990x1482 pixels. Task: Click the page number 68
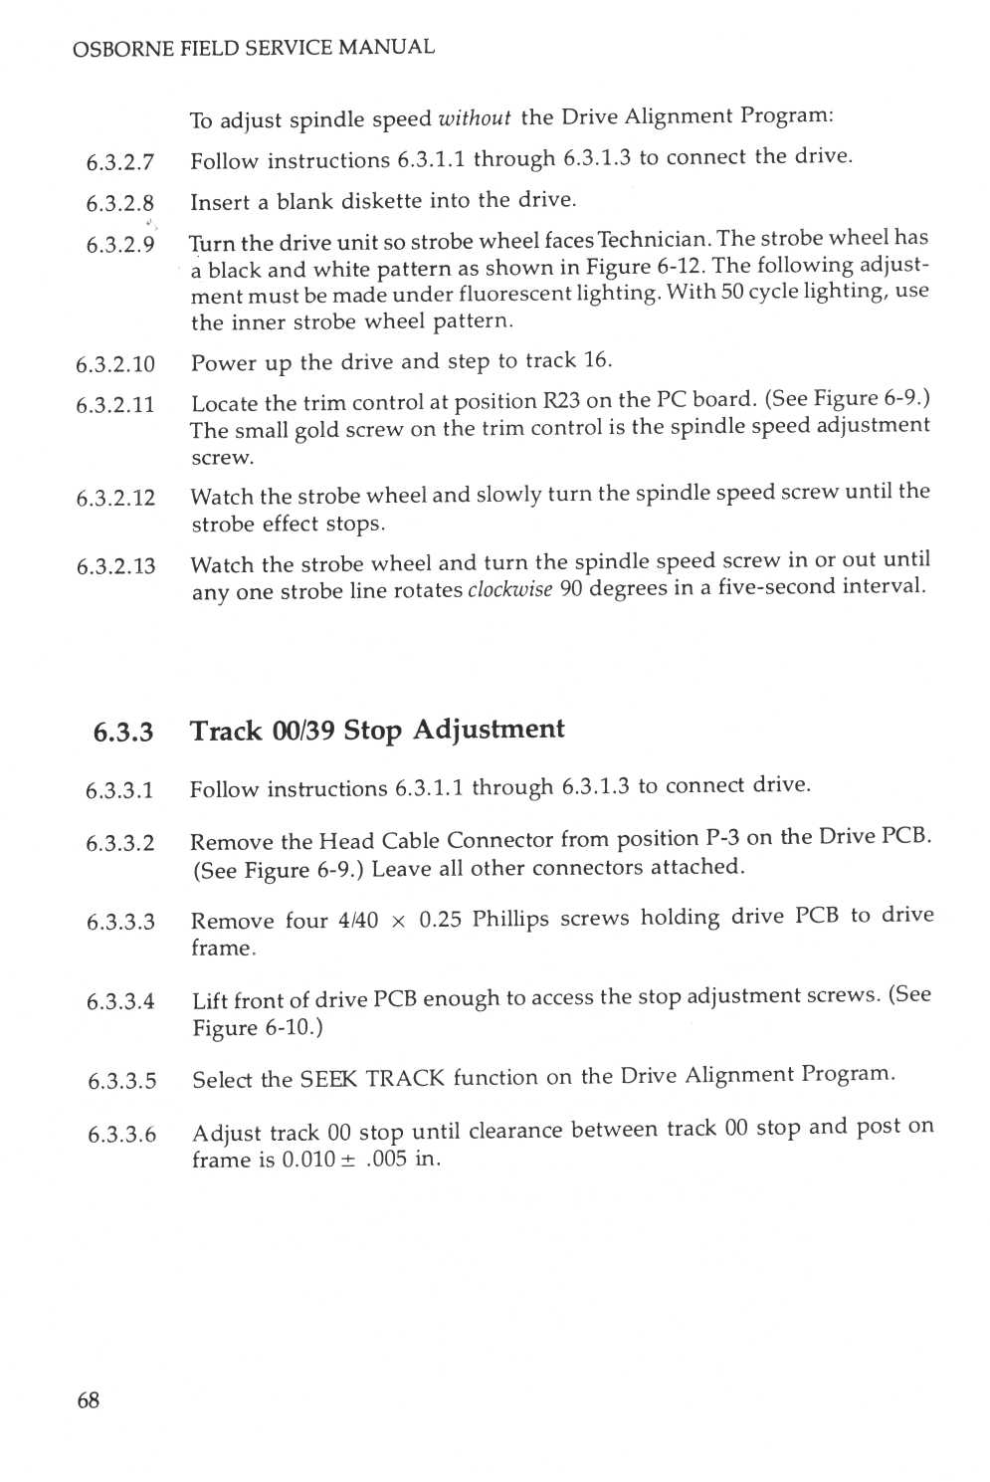click(x=89, y=1400)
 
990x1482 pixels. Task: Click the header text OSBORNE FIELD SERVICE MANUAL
click(x=254, y=48)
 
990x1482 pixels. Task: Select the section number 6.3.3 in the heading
click(x=123, y=733)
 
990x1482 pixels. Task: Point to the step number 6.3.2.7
click(x=120, y=162)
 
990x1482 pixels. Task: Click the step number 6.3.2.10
click(x=115, y=364)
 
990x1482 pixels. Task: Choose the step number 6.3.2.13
click(x=116, y=566)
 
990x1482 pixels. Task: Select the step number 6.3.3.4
click(x=120, y=1001)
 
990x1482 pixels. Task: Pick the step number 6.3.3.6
click(x=121, y=1134)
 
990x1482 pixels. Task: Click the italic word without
click(x=475, y=118)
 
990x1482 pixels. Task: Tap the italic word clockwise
click(x=509, y=589)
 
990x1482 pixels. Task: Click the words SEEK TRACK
click(x=372, y=1079)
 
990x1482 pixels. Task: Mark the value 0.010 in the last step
click(x=308, y=1160)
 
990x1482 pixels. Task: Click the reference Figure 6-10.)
click(x=258, y=1027)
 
